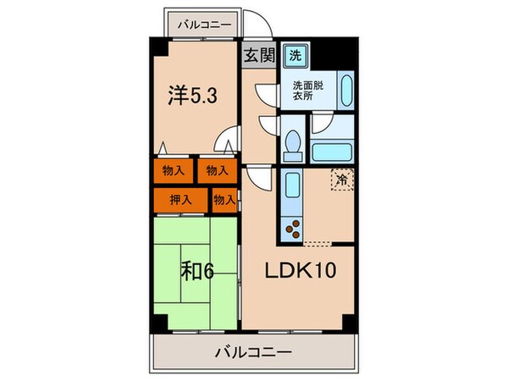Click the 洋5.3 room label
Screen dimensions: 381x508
(195, 96)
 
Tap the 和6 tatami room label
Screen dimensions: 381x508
(197, 273)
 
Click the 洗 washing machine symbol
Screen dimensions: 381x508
(295, 56)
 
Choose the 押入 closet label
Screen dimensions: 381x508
(179, 200)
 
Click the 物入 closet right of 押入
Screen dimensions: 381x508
(224, 200)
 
